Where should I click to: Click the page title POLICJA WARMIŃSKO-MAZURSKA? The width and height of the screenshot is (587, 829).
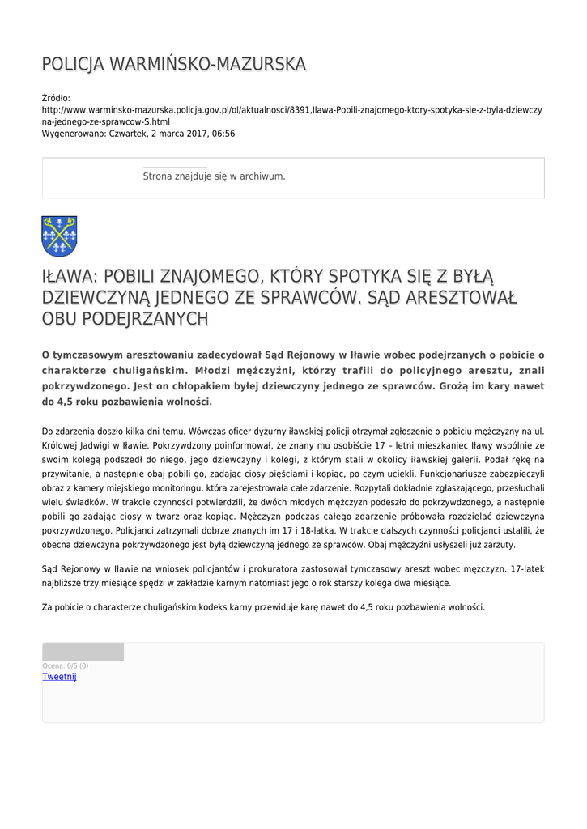click(x=173, y=64)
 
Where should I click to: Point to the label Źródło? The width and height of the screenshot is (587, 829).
click(x=56, y=98)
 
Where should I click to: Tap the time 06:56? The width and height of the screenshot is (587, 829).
click(x=223, y=134)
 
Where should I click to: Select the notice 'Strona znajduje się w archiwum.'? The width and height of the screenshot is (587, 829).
click(x=214, y=176)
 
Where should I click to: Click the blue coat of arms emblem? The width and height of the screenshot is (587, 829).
click(x=59, y=236)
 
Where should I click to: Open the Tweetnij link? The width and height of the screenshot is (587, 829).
click(x=59, y=677)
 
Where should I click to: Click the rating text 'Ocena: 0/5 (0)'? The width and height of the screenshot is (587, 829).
click(x=66, y=666)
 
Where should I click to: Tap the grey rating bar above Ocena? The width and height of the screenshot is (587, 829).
click(x=83, y=652)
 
